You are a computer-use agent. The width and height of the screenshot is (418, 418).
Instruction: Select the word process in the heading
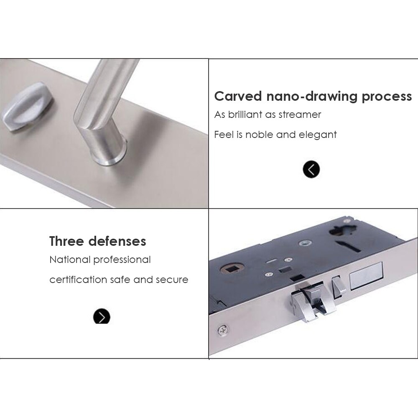click(387, 97)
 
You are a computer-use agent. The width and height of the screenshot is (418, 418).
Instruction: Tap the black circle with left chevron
click(311, 169)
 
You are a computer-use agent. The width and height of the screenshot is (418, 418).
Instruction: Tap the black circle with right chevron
click(102, 317)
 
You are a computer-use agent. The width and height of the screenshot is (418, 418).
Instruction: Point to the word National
click(70, 260)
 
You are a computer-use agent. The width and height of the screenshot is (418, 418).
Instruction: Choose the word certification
click(78, 280)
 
